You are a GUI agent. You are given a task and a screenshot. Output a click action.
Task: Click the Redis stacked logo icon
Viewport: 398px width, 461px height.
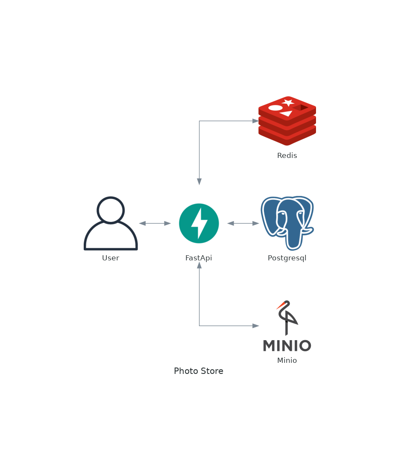(x=287, y=121)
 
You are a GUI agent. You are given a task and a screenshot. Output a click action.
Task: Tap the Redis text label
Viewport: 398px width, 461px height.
(x=287, y=156)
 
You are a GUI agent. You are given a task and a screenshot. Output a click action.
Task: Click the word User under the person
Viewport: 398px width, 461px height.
(x=111, y=258)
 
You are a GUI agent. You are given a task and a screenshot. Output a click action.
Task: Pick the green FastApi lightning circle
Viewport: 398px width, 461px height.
(x=199, y=223)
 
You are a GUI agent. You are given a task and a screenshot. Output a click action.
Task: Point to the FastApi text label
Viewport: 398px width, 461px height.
(x=199, y=258)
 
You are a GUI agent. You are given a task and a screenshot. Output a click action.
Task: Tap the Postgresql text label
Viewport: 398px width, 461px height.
(x=287, y=258)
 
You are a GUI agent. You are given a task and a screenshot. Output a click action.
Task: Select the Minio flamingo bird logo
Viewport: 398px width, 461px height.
(x=287, y=317)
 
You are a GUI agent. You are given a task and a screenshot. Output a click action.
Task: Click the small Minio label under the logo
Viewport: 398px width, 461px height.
(x=287, y=361)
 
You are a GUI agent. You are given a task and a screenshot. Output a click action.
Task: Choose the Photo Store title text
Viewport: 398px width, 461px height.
(x=199, y=371)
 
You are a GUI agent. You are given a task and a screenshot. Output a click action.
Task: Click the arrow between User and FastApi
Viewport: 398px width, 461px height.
(x=155, y=223)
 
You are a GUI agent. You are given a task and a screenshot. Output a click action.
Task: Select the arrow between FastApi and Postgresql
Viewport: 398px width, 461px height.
(x=243, y=223)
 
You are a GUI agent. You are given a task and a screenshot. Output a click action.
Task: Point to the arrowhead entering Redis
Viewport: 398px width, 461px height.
(x=255, y=121)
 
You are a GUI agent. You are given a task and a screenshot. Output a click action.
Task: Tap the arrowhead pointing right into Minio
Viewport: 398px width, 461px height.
(x=255, y=326)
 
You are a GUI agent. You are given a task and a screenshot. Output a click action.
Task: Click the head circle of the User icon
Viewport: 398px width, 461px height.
(x=111, y=210)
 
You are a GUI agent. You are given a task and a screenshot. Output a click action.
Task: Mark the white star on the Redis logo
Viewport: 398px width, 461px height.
(x=288, y=102)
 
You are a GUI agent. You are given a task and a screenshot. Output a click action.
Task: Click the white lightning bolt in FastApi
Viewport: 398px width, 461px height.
(x=199, y=223)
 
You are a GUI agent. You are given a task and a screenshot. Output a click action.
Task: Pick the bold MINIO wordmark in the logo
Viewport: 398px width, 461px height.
(x=287, y=346)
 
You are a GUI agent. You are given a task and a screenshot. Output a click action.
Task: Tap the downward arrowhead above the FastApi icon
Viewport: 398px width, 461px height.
(x=199, y=181)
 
